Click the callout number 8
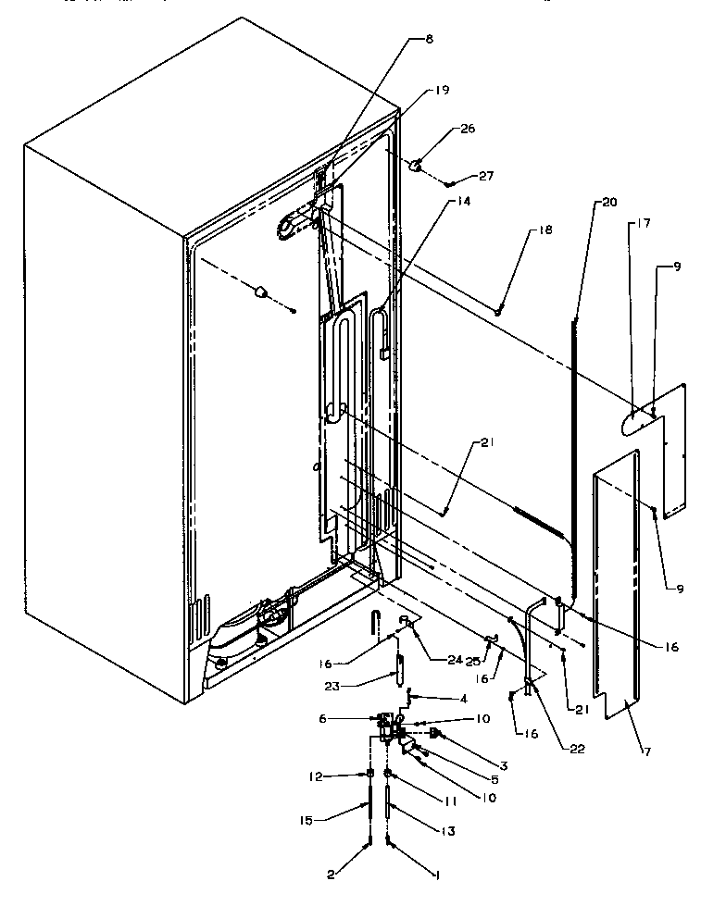[428, 40]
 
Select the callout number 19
[443, 91]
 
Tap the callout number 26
[468, 129]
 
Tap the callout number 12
[342, 776]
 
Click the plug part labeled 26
[417, 166]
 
